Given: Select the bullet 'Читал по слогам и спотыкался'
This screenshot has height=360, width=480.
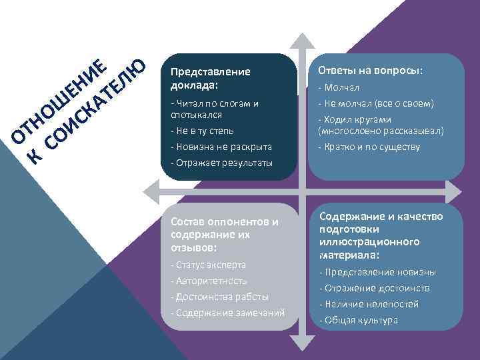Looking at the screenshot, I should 215,109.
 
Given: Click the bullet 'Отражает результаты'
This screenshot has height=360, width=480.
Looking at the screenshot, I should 221,163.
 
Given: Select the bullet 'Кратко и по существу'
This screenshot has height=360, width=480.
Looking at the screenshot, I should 369,146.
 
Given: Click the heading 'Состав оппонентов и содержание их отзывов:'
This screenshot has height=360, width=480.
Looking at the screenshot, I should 225,234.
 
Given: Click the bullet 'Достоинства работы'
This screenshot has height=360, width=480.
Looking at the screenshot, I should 220,297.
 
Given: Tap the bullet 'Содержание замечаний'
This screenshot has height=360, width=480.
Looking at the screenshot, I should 227,313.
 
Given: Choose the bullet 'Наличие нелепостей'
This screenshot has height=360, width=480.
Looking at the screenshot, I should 369,304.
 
